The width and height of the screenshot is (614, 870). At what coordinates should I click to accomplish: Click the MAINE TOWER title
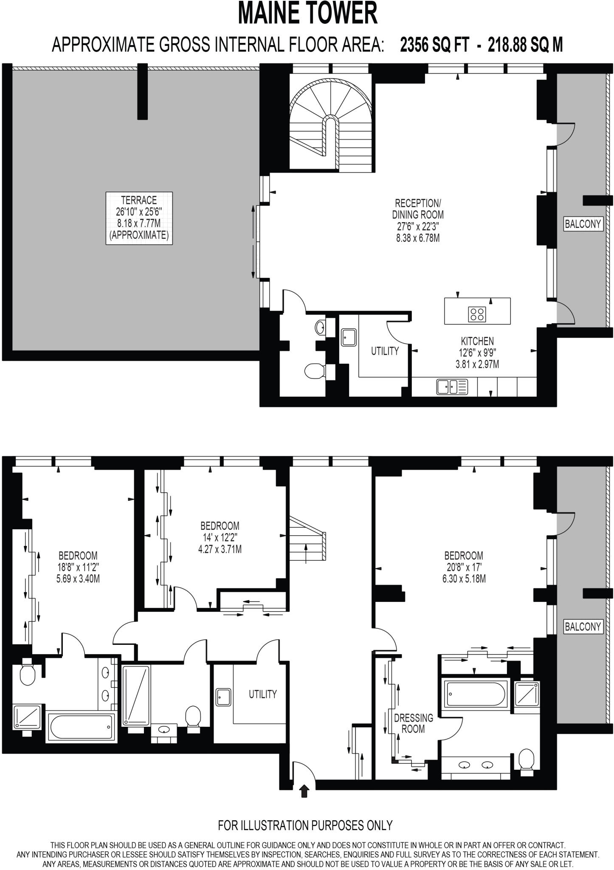coord(307,14)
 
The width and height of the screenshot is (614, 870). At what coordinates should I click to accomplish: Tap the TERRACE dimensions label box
coord(139,218)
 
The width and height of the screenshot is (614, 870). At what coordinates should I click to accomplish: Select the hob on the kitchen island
coord(476,314)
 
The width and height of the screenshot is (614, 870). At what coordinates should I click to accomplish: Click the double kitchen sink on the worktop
coord(452,386)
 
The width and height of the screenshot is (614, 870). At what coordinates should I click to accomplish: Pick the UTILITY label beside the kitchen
coord(385,351)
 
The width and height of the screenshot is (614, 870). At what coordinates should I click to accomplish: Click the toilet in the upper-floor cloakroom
coord(313,370)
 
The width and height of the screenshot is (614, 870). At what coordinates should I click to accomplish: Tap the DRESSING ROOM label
coord(413,723)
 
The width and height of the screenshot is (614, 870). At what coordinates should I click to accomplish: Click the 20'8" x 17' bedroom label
coord(464,567)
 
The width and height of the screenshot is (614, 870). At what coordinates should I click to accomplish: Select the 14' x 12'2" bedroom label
coord(220,537)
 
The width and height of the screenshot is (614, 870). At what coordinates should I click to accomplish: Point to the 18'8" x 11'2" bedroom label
coord(78,567)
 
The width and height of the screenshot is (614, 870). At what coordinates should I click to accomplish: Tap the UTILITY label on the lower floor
coord(262,694)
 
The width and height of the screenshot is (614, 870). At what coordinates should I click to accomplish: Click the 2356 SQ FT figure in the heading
coord(434,44)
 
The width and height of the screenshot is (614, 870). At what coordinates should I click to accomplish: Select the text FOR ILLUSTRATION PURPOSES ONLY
coord(305,825)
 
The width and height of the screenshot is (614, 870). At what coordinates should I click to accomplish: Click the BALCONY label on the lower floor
coord(583,626)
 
